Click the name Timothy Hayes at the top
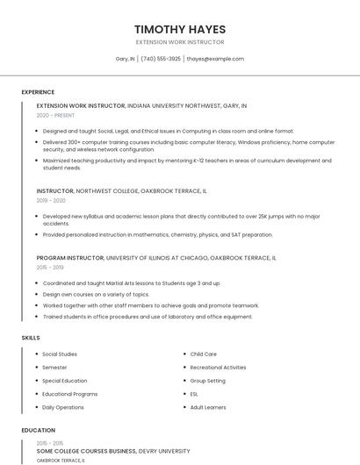coord(180,29)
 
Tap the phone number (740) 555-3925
coord(161,59)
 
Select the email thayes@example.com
coord(215,59)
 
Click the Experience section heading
coord(38,92)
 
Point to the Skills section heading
coord(31,337)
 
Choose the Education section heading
coord(38,431)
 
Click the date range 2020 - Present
coord(56,115)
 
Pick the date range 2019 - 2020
coord(52,200)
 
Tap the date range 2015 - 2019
coord(50,268)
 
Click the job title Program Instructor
coord(70,258)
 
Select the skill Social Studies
coord(60,354)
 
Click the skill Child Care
coord(204,354)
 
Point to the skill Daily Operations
coord(63,407)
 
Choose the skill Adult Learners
coord(208,407)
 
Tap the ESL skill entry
coord(194,394)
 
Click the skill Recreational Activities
coord(218,368)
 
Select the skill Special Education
coord(65,381)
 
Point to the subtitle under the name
coord(180,42)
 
